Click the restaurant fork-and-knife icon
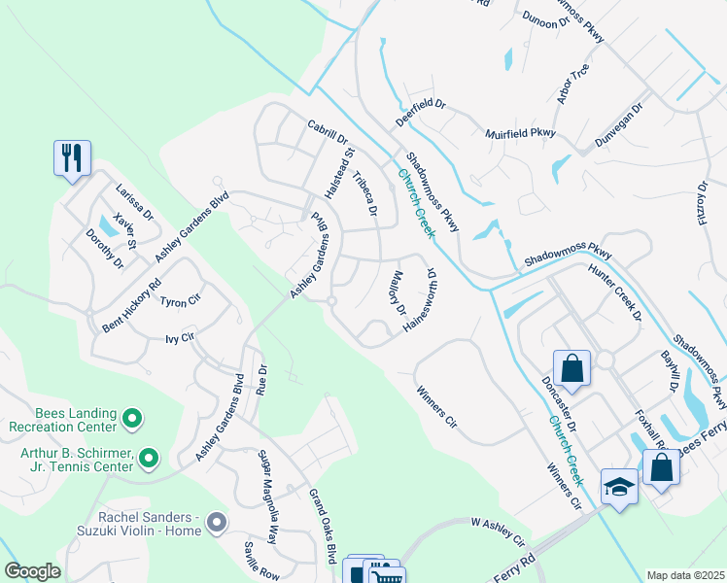point(72,158)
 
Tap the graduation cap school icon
point(619,486)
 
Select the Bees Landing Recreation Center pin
point(133,420)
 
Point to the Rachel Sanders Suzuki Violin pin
point(217,523)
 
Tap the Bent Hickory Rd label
point(131,308)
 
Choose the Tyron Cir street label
point(180,302)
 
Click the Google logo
point(32,571)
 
